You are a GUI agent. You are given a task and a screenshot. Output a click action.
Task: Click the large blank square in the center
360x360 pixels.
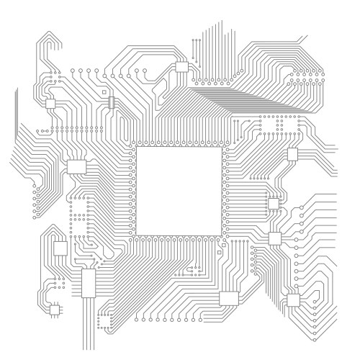pyautogui.click(x=178, y=191)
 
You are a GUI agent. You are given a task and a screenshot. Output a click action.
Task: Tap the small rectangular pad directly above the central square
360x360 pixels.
pyautogui.click(x=181, y=68)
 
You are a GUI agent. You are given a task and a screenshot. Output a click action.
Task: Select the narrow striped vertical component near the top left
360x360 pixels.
pyautogui.click(x=110, y=101)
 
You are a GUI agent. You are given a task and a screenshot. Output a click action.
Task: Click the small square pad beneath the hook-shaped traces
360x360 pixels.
pyautogui.click(x=50, y=104)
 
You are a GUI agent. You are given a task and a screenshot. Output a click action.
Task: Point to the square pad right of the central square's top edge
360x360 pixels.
pyautogui.click(x=292, y=153)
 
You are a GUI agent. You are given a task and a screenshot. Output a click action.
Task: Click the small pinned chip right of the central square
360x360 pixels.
pyautogui.click(x=274, y=203)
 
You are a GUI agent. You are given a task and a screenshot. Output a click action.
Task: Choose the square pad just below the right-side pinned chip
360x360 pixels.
pyautogui.click(x=274, y=238)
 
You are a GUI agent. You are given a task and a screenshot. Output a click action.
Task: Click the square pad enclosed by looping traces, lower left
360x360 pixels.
pyautogui.click(x=60, y=248)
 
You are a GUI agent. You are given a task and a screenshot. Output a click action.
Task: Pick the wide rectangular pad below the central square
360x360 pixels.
pyautogui.click(x=229, y=298)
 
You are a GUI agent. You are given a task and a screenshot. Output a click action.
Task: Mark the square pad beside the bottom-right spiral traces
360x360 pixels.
pyautogui.click(x=293, y=300)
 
